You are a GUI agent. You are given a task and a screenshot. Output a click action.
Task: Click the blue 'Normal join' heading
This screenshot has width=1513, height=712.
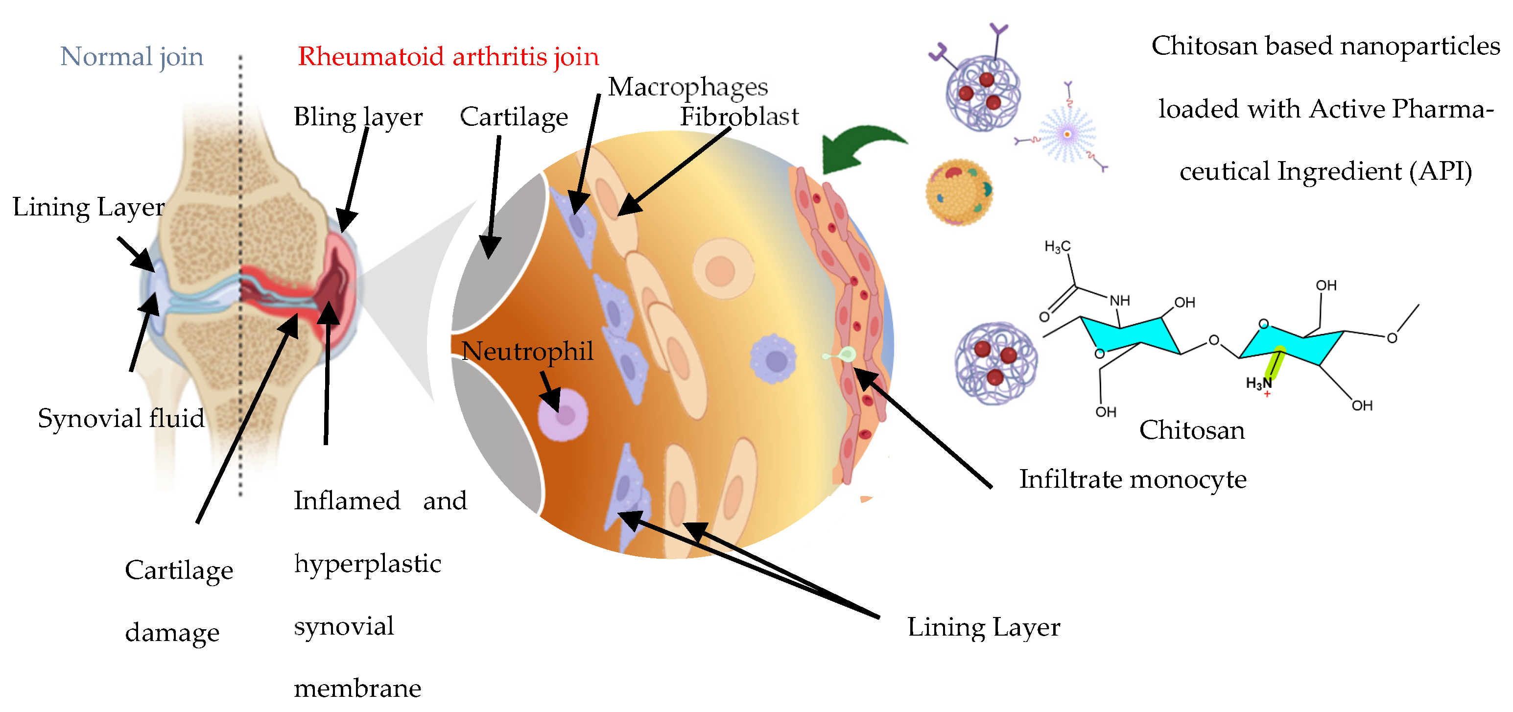[132, 57]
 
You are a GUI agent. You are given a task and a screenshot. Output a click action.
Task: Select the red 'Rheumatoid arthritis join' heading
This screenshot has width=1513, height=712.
[448, 57]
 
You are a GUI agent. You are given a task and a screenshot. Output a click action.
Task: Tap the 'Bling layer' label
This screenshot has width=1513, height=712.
[358, 117]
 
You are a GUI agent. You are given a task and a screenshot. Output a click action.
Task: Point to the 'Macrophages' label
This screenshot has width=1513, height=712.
[687, 87]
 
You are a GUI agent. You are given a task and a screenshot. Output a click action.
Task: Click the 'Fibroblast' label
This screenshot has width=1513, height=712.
[739, 117]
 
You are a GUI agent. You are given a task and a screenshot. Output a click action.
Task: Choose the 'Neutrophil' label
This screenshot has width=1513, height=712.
[527, 351]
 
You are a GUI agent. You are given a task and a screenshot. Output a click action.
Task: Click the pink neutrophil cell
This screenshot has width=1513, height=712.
[563, 415]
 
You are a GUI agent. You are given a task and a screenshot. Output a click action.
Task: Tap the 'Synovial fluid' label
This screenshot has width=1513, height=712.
[121, 418]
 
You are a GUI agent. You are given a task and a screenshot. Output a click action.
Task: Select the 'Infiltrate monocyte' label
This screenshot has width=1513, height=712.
[1132, 479]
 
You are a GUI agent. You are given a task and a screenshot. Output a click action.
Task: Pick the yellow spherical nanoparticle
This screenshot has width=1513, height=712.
[959, 191]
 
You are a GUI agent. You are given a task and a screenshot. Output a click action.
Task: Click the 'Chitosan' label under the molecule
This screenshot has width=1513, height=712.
[1191, 430]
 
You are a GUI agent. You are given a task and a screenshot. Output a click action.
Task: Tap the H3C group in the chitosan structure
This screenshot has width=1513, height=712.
[1057, 246]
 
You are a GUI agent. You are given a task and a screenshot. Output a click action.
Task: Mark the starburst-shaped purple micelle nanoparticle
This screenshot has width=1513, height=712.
[1067, 135]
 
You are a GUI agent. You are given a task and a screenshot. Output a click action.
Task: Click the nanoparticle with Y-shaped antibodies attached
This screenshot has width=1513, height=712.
[982, 91]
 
